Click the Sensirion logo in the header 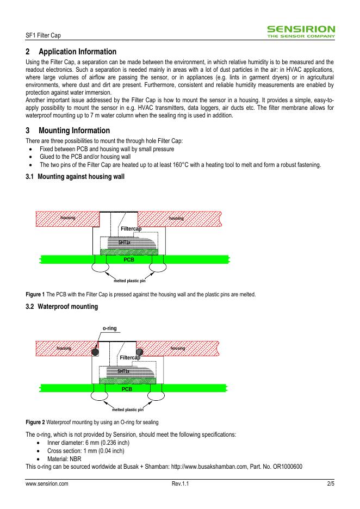pos(301,31)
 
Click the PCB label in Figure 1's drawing pos(129,260)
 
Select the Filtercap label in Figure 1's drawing pos(131,229)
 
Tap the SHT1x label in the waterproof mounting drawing pos(124,371)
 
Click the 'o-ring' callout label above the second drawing pos(110,328)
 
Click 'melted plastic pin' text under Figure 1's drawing pos(129,281)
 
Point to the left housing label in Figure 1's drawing pos(68,218)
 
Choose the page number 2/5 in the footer pos(330,483)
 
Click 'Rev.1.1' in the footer pos(179,483)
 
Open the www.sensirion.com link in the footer pos(47,483)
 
